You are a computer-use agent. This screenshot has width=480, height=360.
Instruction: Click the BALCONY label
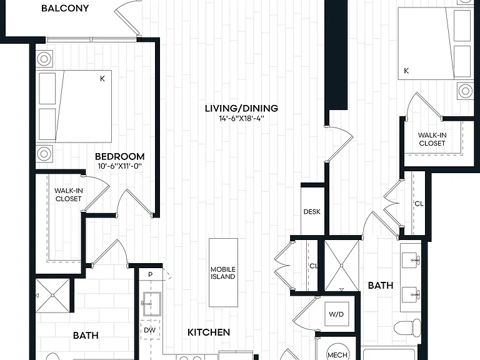click(x=65, y=8)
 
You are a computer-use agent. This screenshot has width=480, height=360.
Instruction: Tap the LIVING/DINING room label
click(x=241, y=108)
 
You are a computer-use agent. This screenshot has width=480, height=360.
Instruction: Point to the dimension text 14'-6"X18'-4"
click(x=241, y=119)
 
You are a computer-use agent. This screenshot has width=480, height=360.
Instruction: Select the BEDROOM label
click(x=120, y=157)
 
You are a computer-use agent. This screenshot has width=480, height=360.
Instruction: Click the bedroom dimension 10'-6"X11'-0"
click(x=120, y=166)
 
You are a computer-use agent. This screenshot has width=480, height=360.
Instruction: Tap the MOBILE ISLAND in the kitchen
click(x=223, y=272)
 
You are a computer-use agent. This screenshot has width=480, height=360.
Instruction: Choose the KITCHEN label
click(x=209, y=332)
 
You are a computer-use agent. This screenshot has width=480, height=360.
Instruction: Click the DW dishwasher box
click(x=150, y=330)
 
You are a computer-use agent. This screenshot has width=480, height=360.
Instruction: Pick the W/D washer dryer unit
click(x=336, y=314)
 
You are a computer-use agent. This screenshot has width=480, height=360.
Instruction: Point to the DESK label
click(x=312, y=211)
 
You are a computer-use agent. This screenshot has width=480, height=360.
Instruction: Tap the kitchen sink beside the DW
click(x=151, y=304)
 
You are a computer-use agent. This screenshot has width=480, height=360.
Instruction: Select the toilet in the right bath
click(x=407, y=328)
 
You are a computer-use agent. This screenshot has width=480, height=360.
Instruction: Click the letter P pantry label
click(x=150, y=274)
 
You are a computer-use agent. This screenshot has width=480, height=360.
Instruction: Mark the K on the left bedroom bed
click(x=102, y=79)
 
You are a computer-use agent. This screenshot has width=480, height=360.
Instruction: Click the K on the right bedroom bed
click(x=406, y=71)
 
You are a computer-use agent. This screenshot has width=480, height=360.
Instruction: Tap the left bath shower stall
click(x=52, y=296)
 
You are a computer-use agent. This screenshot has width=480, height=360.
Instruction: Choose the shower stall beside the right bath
click(x=342, y=266)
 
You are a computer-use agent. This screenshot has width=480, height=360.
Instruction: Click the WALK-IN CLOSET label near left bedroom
click(x=68, y=195)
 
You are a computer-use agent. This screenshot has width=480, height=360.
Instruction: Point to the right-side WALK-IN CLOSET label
click(x=432, y=139)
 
